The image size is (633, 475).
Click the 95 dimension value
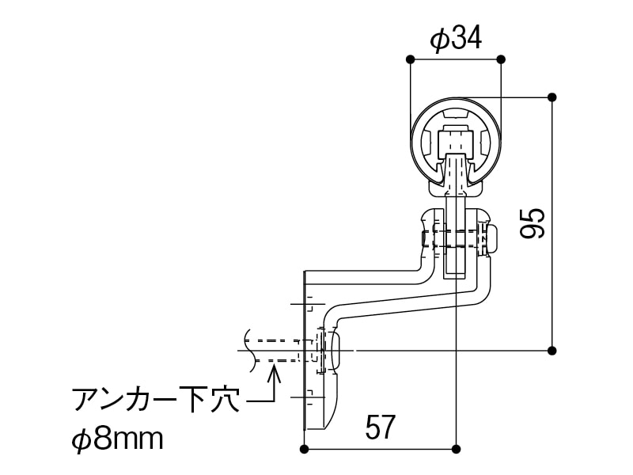pyautogui.click(x=533, y=223)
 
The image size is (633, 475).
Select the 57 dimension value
pyautogui.click(x=380, y=427)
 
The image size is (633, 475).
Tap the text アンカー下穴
pyautogui.click(x=155, y=400)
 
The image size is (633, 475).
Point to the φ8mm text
pyautogui.click(x=117, y=439)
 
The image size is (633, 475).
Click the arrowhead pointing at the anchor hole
pyautogui.click(x=275, y=371)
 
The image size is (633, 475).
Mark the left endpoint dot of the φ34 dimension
pyautogui.click(x=410, y=60)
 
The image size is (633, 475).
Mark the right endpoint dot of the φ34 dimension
pyautogui.click(x=501, y=60)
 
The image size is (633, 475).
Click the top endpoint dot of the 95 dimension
pyautogui.click(x=552, y=97)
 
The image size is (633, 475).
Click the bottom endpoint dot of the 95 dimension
pyautogui.click(x=552, y=350)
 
